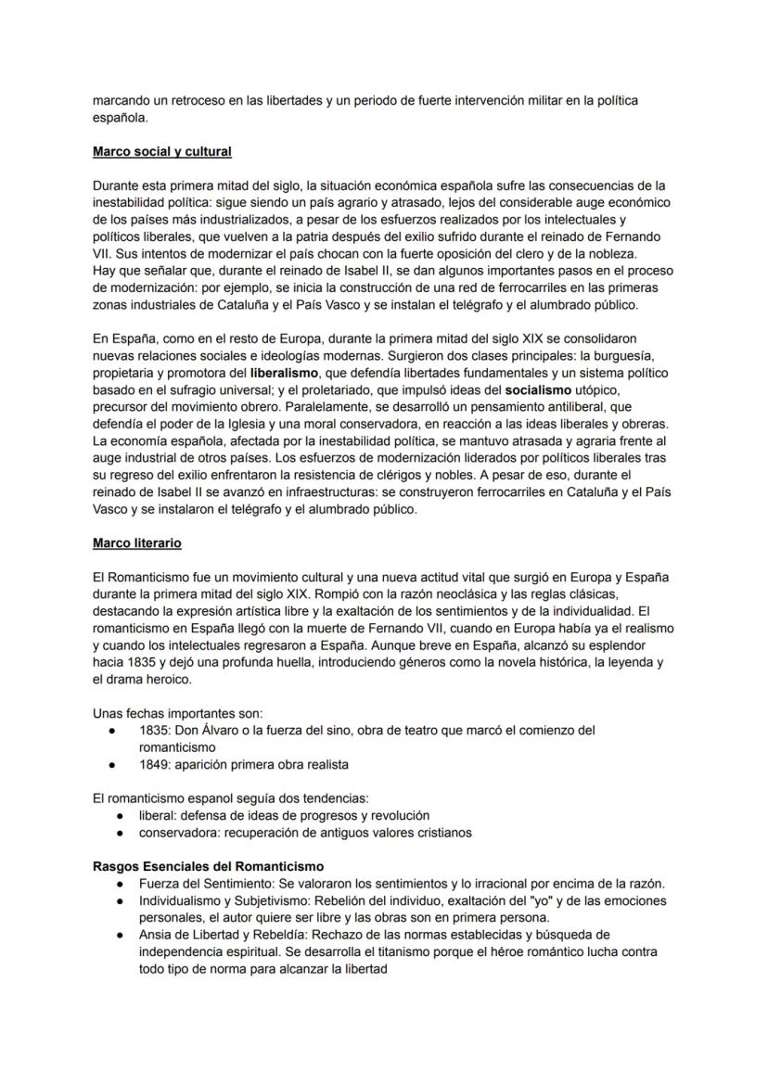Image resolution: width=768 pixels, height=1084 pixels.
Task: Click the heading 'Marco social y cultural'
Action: pyautogui.click(x=162, y=151)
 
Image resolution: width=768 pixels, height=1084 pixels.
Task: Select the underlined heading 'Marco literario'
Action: pyautogui.click(x=137, y=542)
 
